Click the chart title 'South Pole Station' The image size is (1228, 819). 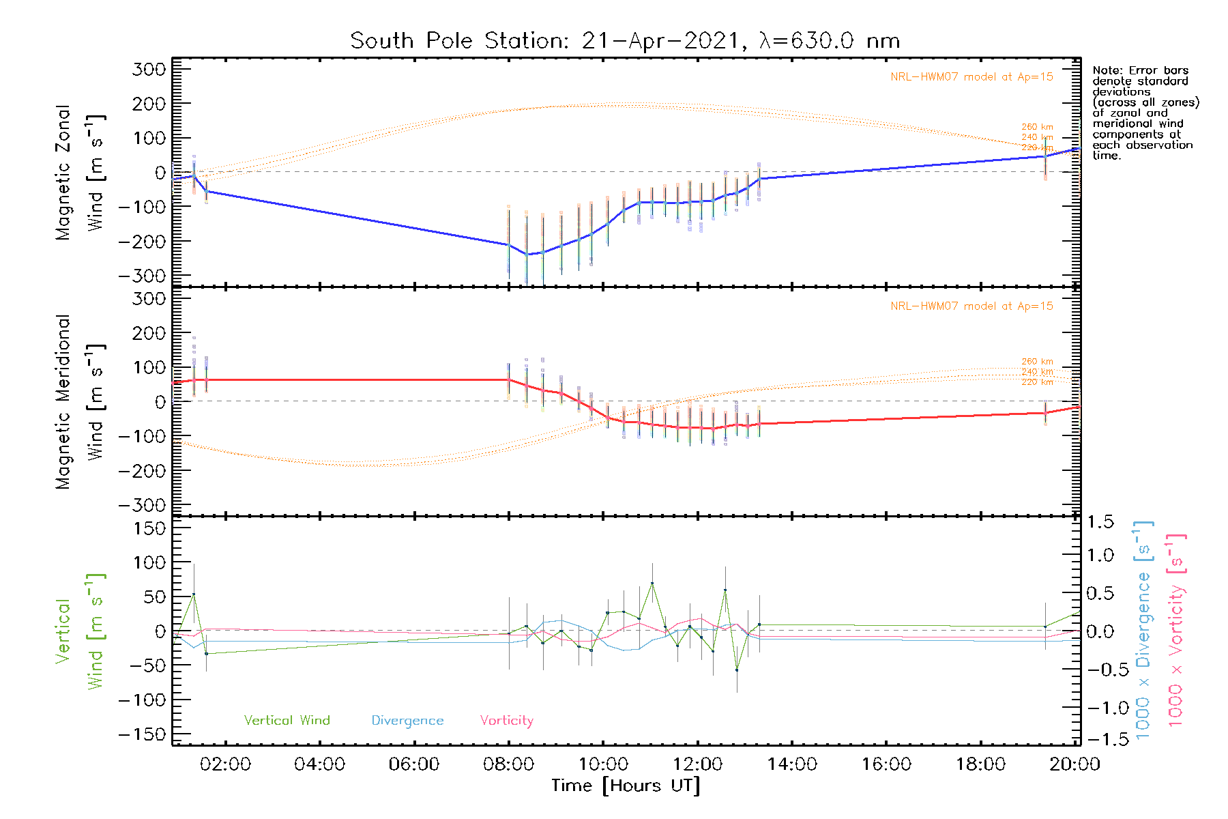coord(624,41)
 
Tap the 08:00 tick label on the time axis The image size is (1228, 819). coord(508,764)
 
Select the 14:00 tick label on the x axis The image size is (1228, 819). coord(792,764)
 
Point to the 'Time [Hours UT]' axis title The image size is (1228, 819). coord(626,786)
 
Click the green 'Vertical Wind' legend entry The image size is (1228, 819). coord(287,720)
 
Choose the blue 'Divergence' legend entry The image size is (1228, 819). coord(407,720)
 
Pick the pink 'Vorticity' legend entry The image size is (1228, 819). coord(506,720)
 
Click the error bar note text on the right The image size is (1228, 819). coord(1144,113)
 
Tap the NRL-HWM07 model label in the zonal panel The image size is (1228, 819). coord(971,76)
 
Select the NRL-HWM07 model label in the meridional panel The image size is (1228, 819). coord(971,306)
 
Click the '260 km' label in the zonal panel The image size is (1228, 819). coord(1037,127)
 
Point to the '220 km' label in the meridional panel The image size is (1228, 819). coord(1037,382)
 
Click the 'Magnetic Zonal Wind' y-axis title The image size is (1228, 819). coord(81,172)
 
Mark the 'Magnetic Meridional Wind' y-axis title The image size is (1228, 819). coord(81,402)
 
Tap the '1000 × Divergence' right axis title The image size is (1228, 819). coord(1143,629)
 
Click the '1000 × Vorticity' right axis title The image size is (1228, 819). coord(1175,629)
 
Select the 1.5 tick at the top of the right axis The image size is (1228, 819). coord(1100,522)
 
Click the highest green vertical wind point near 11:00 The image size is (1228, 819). coord(652,584)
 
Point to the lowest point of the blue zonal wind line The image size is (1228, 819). coord(527,255)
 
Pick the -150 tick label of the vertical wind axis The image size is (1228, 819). coord(142,734)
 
